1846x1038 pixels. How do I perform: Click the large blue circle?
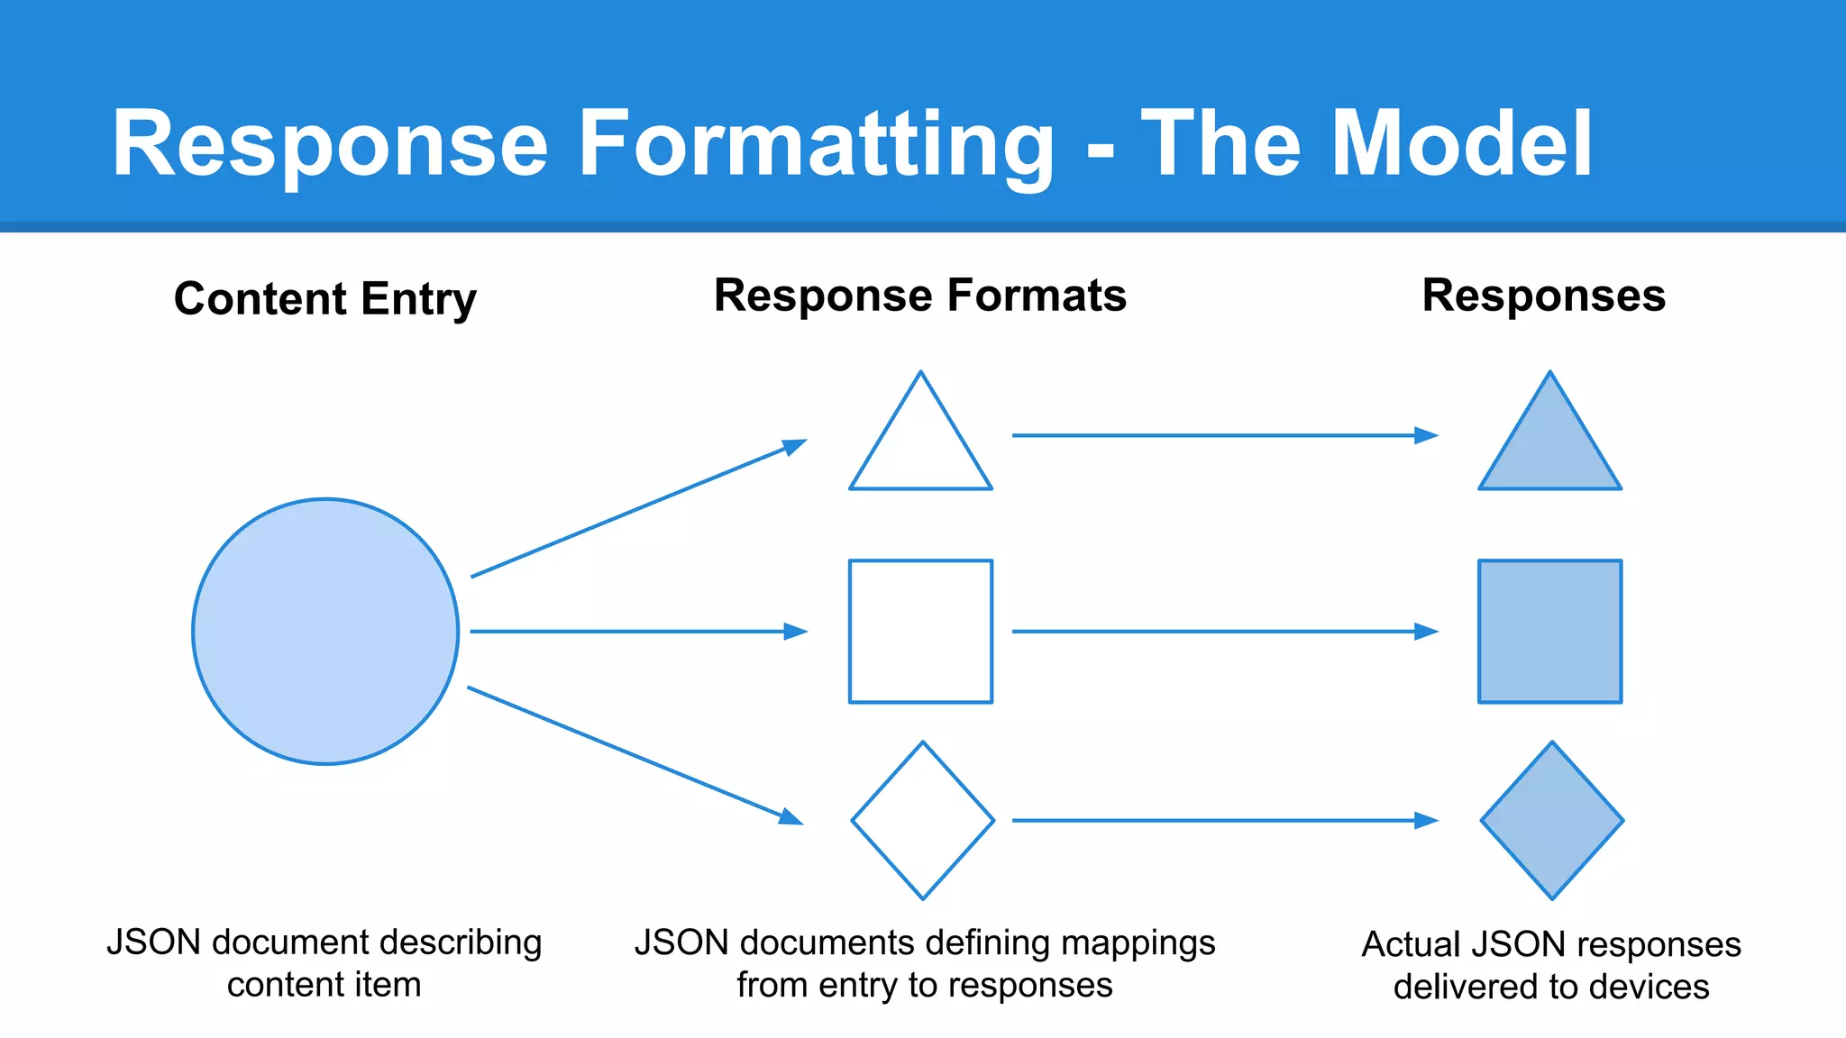point(325,632)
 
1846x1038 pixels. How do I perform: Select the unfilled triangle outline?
point(920,451)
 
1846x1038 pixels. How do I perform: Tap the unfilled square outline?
point(920,632)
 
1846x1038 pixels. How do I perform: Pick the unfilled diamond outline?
point(923,820)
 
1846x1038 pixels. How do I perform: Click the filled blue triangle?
point(1549,451)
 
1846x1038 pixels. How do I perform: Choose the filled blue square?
point(1549,632)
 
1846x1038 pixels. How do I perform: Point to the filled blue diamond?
point(1552,820)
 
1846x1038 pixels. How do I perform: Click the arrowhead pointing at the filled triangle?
point(1426,436)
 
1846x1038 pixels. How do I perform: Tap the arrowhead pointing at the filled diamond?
point(1426,820)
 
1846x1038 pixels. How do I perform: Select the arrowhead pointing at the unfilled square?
point(796,632)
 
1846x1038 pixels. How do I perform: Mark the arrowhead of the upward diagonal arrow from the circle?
point(794,446)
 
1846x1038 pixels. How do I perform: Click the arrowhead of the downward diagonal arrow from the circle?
point(790,816)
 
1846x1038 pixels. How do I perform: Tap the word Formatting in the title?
point(816,144)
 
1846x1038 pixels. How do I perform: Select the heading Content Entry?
point(325,298)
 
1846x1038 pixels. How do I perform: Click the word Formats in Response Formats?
point(1037,296)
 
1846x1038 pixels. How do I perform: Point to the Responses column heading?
point(1543,296)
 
